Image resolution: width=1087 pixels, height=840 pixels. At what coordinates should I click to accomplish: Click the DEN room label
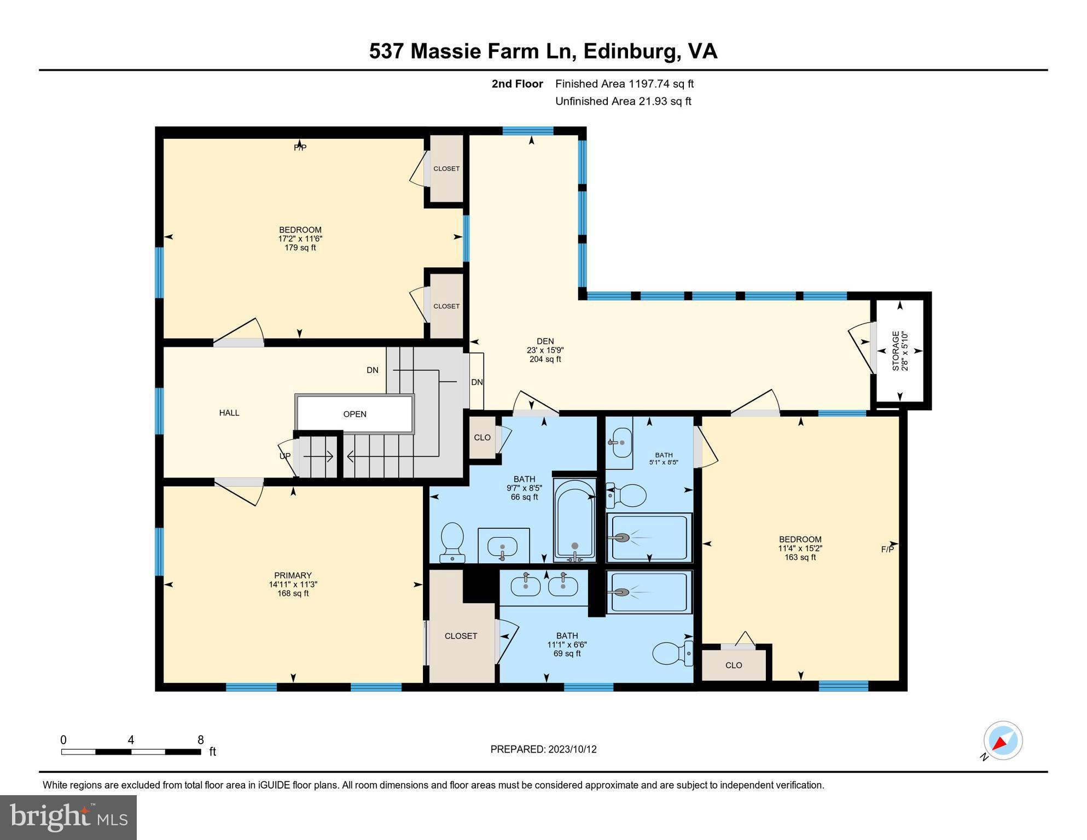pyautogui.click(x=545, y=341)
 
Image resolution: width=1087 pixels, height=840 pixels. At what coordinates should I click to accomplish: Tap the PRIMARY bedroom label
pyautogui.click(x=293, y=575)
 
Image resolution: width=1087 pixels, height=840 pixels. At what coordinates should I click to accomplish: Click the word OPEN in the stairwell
pyautogui.click(x=354, y=414)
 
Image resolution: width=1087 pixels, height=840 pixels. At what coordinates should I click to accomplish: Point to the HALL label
pyautogui.click(x=229, y=413)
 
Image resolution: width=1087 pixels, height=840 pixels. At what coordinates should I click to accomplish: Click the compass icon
pyautogui.click(x=1003, y=741)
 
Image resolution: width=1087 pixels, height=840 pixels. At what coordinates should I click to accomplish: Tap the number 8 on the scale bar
pyautogui.click(x=201, y=740)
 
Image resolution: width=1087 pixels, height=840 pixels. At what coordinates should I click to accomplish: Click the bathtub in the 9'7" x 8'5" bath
pyautogui.click(x=574, y=520)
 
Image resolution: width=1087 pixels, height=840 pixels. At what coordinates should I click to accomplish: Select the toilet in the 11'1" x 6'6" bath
pyautogui.click(x=672, y=653)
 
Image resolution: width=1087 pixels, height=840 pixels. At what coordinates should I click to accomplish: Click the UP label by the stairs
pyautogui.click(x=285, y=456)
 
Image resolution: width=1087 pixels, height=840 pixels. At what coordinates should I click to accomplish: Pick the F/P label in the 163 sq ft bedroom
pyautogui.click(x=887, y=550)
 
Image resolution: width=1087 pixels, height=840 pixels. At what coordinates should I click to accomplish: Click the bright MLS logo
pyautogui.click(x=68, y=817)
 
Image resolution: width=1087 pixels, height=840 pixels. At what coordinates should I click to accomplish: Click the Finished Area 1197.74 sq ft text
pyautogui.click(x=624, y=84)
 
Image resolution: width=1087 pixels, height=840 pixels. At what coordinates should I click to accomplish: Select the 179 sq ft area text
pyautogui.click(x=300, y=248)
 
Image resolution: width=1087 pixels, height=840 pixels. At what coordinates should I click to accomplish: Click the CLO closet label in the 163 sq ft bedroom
pyautogui.click(x=734, y=666)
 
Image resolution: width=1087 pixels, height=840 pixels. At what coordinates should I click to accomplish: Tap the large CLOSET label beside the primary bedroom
pyautogui.click(x=461, y=636)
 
